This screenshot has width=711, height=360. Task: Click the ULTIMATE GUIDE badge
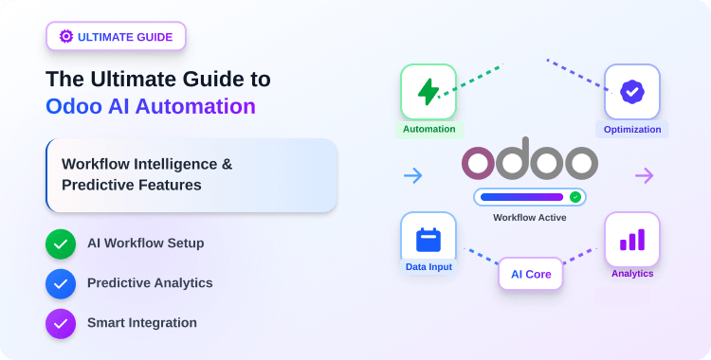(x=116, y=37)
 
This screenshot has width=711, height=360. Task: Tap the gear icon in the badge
(x=66, y=37)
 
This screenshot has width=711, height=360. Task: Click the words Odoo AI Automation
(x=151, y=106)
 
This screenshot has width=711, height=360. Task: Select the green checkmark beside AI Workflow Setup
(x=61, y=243)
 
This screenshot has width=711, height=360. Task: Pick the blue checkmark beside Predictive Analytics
(x=61, y=283)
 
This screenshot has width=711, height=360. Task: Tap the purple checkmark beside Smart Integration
(x=61, y=323)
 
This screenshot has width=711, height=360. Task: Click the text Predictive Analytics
(x=150, y=283)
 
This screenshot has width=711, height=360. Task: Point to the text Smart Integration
(x=142, y=323)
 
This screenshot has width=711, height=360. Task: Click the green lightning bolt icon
(x=428, y=92)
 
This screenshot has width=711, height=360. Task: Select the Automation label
(x=428, y=129)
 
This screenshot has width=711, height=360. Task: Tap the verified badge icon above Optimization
(x=631, y=92)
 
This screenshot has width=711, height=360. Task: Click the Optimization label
(x=632, y=129)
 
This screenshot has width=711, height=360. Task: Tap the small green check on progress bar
(x=575, y=197)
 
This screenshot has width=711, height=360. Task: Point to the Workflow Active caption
(x=530, y=218)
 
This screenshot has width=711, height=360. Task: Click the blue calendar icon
(x=428, y=240)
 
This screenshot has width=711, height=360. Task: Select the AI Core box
(x=531, y=274)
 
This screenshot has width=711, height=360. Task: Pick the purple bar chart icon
(x=632, y=240)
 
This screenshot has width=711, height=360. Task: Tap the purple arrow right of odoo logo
(x=645, y=175)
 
